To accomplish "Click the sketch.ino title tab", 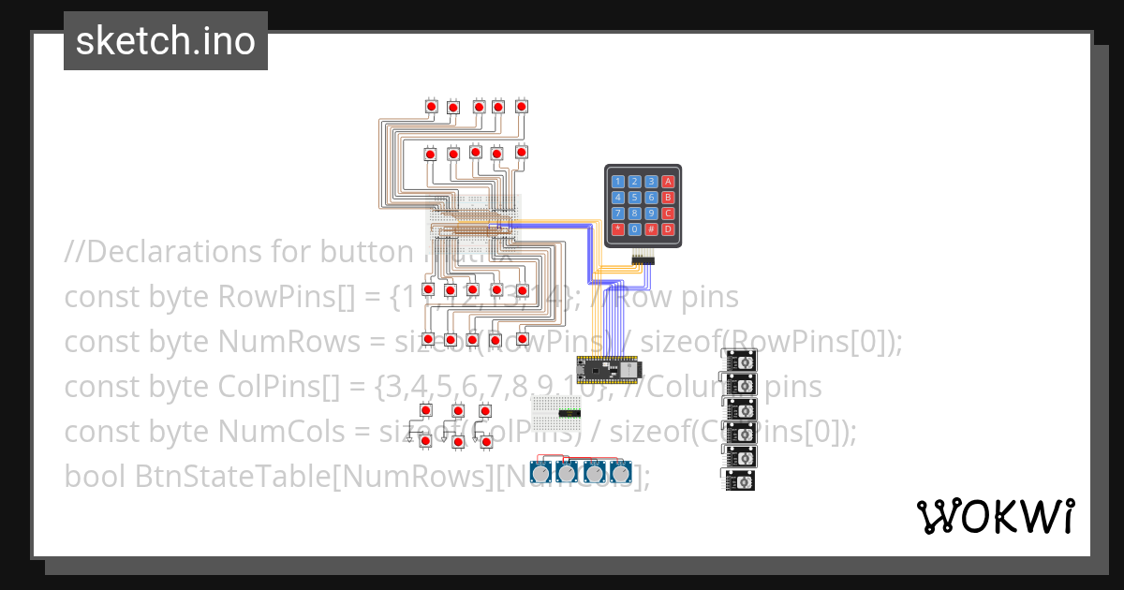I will point(166,41).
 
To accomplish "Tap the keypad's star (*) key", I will point(617,229).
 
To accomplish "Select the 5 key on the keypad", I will point(634,198).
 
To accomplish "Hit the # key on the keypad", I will point(651,229).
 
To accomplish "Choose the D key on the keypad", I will point(668,229).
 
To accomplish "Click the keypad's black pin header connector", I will point(643,256).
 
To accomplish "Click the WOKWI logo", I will point(995,516).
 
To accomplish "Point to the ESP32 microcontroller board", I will point(607,370).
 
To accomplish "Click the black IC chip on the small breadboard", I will point(569,413).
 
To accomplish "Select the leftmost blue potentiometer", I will point(541,471).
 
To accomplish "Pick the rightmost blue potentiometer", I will point(620,471).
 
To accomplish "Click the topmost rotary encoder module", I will point(741,361).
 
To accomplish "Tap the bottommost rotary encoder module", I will point(741,480).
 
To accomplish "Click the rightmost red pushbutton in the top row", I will point(521,107).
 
